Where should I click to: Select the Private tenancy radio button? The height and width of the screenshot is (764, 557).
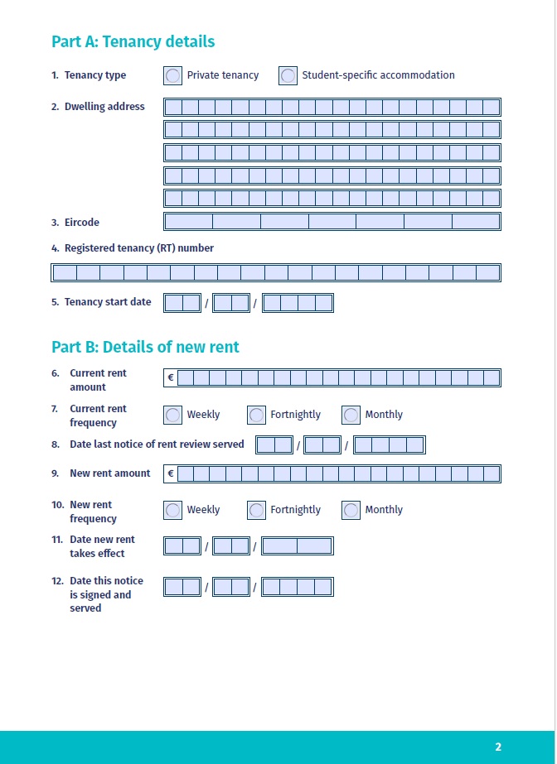[x=172, y=75]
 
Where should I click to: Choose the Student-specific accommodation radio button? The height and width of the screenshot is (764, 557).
[x=288, y=75]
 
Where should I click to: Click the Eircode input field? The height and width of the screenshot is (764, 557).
[x=332, y=222]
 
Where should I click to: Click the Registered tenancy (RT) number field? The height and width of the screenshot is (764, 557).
[x=276, y=273]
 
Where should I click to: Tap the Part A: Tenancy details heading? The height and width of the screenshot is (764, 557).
[x=133, y=41]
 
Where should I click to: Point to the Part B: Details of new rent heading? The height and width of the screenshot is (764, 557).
[x=145, y=347]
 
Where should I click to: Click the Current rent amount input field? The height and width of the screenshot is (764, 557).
[x=338, y=378]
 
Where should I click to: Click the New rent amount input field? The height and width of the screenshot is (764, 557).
[x=338, y=474]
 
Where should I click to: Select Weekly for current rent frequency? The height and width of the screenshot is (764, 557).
[x=172, y=415]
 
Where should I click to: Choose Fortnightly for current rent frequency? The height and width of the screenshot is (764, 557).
[x=256, y=415]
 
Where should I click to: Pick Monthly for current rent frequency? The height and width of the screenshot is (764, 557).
[x=351, y=415]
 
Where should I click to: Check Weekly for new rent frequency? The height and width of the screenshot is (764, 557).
[x=172, y=510]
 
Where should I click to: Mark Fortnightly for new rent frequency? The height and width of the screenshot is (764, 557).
[x=256, y=510]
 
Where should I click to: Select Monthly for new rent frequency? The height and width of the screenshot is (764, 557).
[x=351, y=510]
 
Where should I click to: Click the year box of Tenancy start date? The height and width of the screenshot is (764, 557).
[x=298, y=303]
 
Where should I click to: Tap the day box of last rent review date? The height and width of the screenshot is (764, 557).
[x=274, y=445]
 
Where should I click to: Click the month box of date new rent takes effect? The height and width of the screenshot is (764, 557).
[x=231, y=546]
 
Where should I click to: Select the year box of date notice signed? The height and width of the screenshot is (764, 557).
[x=298, y=588]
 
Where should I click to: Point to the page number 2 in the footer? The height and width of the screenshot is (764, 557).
[x=498, y=747]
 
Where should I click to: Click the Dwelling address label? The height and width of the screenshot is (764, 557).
[x=104, y=107]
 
